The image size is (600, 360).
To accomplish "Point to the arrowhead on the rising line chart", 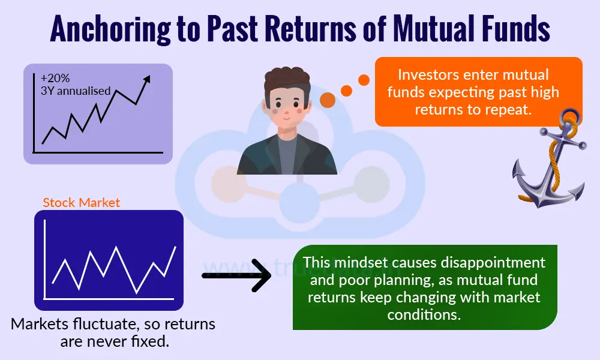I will pos(147,79).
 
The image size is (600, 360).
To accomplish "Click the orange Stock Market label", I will pos(82,203).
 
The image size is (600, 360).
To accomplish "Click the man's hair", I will pos(287,81).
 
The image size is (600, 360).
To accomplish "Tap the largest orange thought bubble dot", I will pos(328,100).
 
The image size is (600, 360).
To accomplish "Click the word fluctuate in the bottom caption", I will pos(95,325).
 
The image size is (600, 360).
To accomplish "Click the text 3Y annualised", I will pos(76,91).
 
